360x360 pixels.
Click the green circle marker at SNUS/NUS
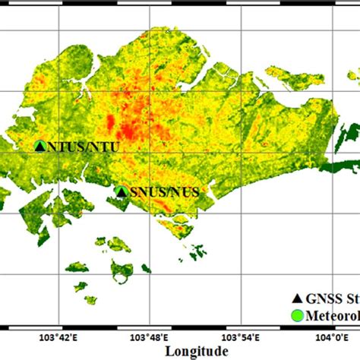pyautogui.click(x=121, y=192)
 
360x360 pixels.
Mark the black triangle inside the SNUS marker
pyautogui.click(x=121, y=192)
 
